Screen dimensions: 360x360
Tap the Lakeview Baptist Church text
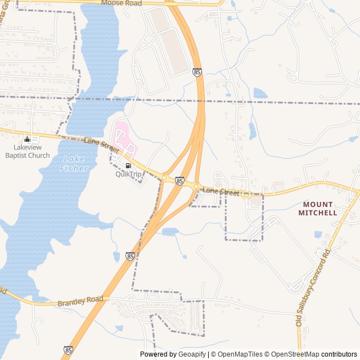click(31, 151)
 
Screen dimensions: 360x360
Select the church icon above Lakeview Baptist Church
click(27, 139)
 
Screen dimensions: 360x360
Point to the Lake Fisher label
click(74, 163)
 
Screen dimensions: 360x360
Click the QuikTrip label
click(129, 174)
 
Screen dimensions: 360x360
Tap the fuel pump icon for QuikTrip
click(129, 165)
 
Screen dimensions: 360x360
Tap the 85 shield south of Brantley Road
click(68, 350)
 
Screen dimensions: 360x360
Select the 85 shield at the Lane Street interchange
click(179, 181)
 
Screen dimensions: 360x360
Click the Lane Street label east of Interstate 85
click(221, 192)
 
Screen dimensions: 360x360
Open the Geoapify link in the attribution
click(192, 354)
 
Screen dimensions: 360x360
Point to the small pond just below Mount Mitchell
click(318, 234)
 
